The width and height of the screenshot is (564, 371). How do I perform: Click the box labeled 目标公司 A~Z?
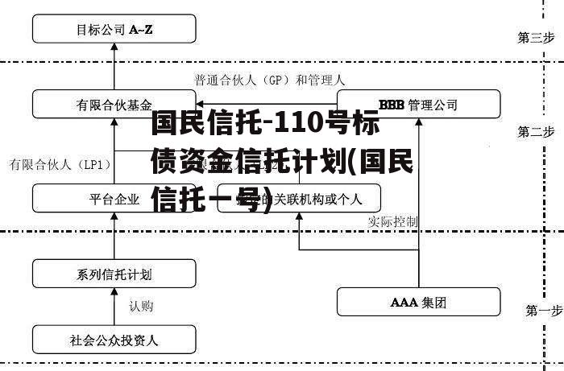[114, 30]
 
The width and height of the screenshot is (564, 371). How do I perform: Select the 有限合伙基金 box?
[114, 105]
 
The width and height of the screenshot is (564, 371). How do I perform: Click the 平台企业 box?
[114, 198]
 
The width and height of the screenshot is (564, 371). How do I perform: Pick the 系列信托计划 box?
[114, 274]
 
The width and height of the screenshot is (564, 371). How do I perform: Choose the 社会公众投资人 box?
[114, 340]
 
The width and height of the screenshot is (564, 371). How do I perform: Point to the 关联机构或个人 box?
[306, 198]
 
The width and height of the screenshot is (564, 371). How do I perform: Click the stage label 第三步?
[536, 37]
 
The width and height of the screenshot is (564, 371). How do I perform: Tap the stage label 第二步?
[536, 131]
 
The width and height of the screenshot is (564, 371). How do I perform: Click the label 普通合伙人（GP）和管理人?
[269, 80]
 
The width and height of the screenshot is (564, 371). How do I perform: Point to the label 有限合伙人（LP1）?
[60, 164]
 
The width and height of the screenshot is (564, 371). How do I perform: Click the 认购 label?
[141, 307]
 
